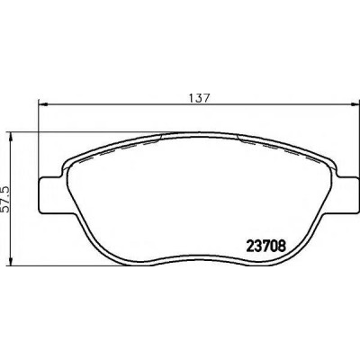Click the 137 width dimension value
[x=198, y=98]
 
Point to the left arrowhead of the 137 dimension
[x=43, y=104]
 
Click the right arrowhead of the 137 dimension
[x=354, y=104]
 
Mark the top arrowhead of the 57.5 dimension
[x=11, y=137]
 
